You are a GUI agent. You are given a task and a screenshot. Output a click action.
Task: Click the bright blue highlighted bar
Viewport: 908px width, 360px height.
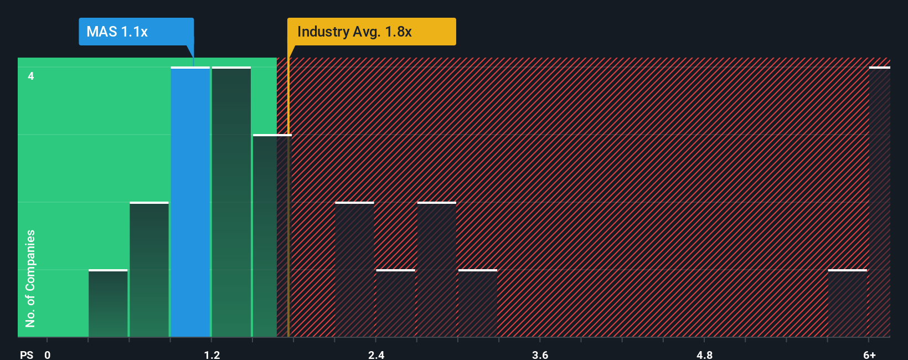pyautogui.click(x=190, y=202)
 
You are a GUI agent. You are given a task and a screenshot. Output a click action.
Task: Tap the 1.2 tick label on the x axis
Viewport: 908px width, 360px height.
pyautogui.click(x=211, y=354)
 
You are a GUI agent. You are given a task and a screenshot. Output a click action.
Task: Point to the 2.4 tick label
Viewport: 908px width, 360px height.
pyautogui.click(x=376, y=354)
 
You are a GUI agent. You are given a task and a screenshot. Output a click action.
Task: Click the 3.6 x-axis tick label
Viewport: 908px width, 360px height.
pyautogui.click(x=540, y=354)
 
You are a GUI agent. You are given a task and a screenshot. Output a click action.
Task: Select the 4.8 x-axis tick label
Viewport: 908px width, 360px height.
pyautogui.click(x=704, y=354)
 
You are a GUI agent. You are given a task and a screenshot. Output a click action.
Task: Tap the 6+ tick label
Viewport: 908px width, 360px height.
pyautogui.click(x=869, y=354)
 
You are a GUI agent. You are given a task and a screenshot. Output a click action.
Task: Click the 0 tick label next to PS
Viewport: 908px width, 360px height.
pyautogui.click(x=48, y=354)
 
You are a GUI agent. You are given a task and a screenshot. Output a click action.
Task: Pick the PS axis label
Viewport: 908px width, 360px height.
pyautogui.click(x=27, y=354)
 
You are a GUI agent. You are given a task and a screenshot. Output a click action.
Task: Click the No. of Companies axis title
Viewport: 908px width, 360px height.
pyautogui.click(x=30, y=278)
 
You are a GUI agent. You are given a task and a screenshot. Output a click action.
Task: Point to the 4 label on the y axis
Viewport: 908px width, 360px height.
pyautogui.click(x=31, y=76)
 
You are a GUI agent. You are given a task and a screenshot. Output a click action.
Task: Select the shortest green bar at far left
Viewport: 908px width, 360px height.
pyautogui.click(x=108, y=304)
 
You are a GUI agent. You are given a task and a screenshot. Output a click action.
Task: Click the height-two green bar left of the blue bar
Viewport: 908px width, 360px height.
pyautogui.click(x=149, y=270)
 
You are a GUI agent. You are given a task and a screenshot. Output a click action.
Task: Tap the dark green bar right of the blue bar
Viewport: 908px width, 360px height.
pyautogui.click(x=231, y=202)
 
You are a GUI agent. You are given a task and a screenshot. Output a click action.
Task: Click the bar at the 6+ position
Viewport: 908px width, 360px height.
pyautogui.click(x=879, y=202)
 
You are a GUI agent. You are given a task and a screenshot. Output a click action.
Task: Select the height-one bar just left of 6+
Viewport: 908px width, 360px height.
pyautogui.click(x=847, y=304)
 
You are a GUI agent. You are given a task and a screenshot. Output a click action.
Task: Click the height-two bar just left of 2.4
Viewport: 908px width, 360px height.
pyautogui.click(x=354, y=270)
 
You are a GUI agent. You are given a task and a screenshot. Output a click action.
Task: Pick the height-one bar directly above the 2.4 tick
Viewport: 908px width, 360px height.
pyautogui.click(x=395, y=304)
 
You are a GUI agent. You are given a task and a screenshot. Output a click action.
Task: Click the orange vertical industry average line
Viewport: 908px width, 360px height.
pyautogui.click(x=288, y=222)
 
